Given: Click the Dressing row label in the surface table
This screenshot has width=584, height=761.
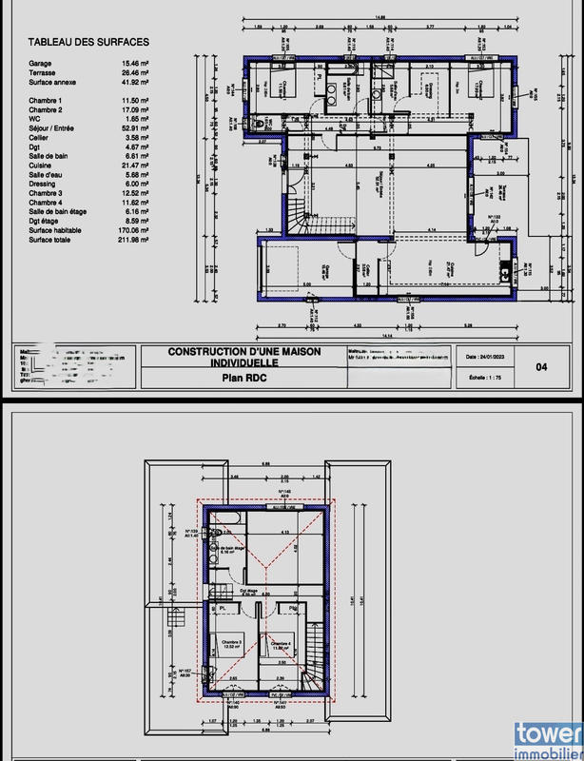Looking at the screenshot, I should pos(44,185).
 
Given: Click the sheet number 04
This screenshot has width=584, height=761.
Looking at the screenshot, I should pos(543,366).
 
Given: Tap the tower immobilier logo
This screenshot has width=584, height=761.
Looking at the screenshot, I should pos(548,741).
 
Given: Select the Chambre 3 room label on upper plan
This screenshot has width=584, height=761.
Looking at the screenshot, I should pos(231,644).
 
